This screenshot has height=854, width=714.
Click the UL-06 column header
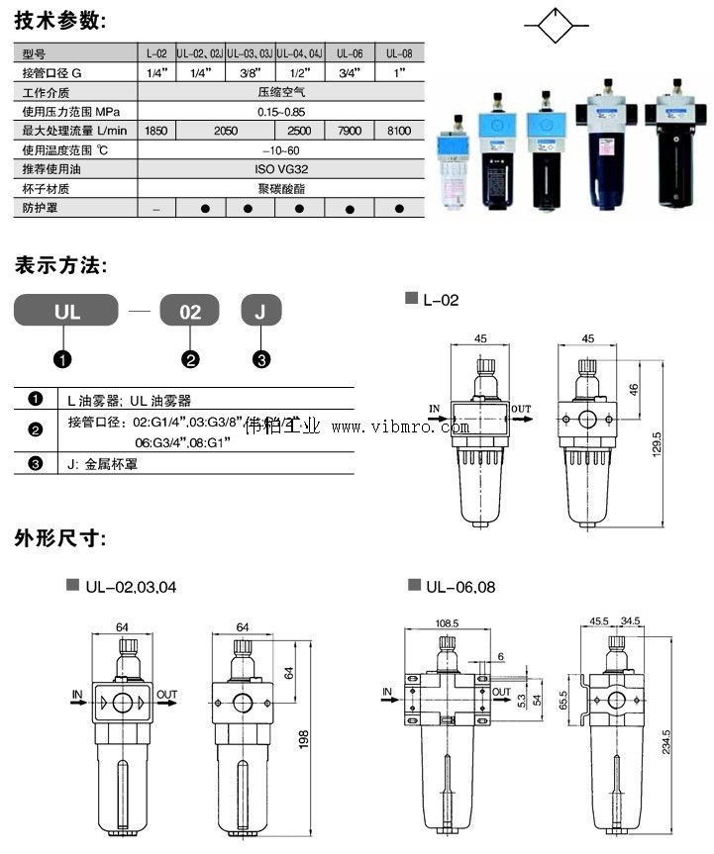pyautogui.click(x=350, y=54)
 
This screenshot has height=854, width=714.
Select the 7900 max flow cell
pyautogui.click(x=350, y=131)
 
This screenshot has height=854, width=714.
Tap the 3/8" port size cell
pyautogui.click(x=250, y=73)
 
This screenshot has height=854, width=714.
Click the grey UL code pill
pyautogui.click(x=67, y=312)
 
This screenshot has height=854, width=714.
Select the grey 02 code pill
pyautogui.click(x=191, y=312)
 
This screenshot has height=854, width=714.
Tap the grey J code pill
pyautogui.click(x=261, y=312)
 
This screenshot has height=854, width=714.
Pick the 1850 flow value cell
pyautogui.click(x=155, y=131)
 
